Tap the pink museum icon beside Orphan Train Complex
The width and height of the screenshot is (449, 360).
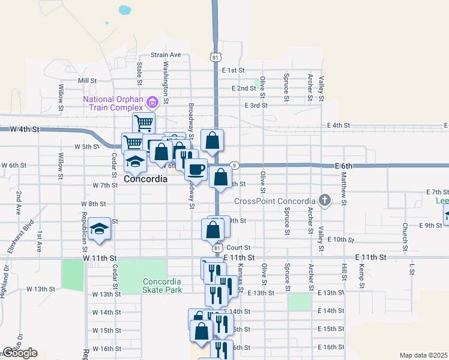click(152, 102)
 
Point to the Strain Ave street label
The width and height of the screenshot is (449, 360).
click(166, 55)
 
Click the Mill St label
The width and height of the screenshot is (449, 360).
click(87, 80)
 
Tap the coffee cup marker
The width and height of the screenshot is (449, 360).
click(195, 169)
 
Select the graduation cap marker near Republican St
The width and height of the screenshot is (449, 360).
click(99, 228)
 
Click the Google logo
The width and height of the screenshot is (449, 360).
click(20, 353)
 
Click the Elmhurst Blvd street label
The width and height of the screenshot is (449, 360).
click(25, 236)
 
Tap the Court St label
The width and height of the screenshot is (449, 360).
click(238, 247)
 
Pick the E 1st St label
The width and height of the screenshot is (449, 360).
click(233, 70)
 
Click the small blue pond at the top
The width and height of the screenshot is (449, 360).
click(125, 10)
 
